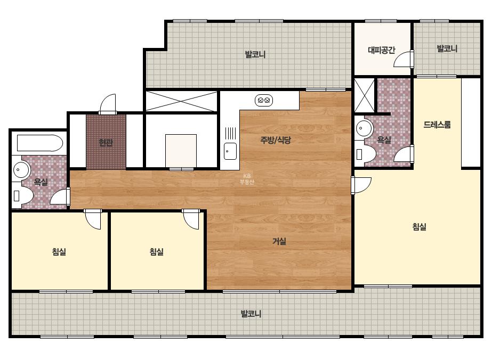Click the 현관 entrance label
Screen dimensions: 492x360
pyautogui.click(x=106, y=143)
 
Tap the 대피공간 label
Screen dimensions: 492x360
pyautogui.click(x=381, y=50)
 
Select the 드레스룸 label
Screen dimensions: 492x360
pyautogui.click(x=437, y=125)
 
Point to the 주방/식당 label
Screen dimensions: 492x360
pyautogui.click(x=276, y=140)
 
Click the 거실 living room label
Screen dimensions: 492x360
pyautogui.click(x=279, y=241)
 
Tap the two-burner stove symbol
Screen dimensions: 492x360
pyautogui.click(x=264, y=100)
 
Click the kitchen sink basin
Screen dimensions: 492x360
pyautogui.click(x=230, y=151)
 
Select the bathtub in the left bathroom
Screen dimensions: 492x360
pyautogui.click(x=40, y=143)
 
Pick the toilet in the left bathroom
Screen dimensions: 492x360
pyautogui.click(x=23, y=196)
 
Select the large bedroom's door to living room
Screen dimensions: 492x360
pyautogui.click(x=361, y=185)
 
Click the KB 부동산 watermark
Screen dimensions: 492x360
pyautogui.click(x=247, y=179)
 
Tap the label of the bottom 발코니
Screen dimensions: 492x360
pyautogui.click(x=251, y=314)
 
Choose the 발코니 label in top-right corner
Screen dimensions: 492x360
pyautogui.click(x=447, y=48)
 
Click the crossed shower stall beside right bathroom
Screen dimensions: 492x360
pyautogui.click(x=364, y=95)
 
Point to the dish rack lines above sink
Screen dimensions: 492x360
pyautogui.click(x=231, y=133)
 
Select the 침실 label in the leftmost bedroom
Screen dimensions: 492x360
pyautogui.click(x=59, y=251)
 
